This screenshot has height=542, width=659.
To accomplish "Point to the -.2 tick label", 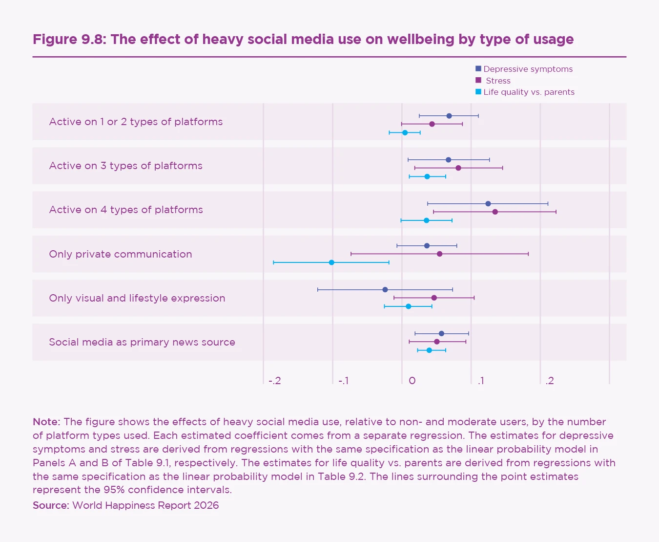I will point(275,381).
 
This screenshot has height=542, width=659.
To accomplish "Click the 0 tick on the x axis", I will point(412,381).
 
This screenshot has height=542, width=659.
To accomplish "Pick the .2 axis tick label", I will point(550,381).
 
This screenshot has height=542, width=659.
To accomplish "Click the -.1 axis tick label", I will point(344,381).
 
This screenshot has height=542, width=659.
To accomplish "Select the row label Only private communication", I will point(121,254).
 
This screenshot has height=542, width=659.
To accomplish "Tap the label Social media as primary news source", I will point(142,342).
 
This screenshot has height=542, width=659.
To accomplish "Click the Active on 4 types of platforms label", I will point(126,210).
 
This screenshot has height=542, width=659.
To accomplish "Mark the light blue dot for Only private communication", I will point(331,262).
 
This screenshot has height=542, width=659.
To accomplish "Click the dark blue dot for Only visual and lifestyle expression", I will point(385,290).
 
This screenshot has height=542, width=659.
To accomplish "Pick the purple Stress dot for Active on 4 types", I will point(495,212).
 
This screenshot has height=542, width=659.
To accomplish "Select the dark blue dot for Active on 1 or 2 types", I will point(449,116).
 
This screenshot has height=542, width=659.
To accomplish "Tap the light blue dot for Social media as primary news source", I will point(429,350).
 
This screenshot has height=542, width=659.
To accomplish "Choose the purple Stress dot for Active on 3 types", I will point(458,168).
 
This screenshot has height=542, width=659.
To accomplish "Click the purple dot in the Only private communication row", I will point(439,254).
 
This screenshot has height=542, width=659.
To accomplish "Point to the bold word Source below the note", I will point(50,505).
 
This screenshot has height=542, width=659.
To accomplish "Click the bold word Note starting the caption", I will point(46,422).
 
